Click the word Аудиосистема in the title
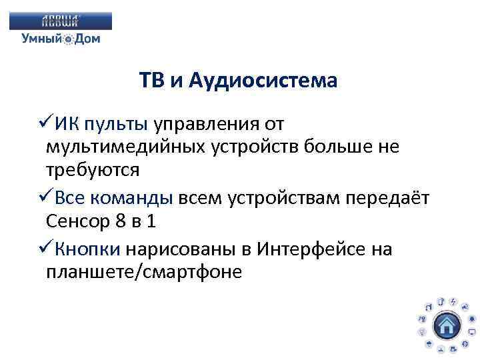pyautogui.click(x=263, y=81)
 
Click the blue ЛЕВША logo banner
pyautogui.click(x=61, y=21)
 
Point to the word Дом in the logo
pyautogui.click(x=87, y=39)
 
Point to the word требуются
pyautogui.click(x=93, y=170)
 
